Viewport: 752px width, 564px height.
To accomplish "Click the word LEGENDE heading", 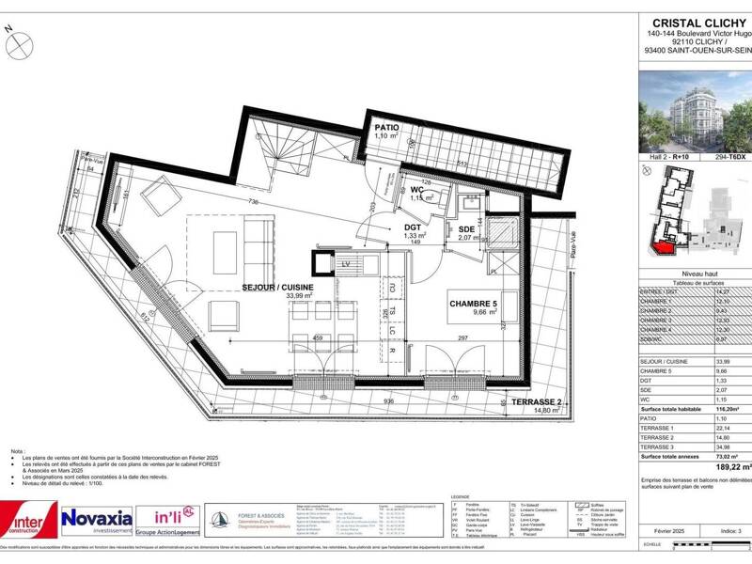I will point(460,495).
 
